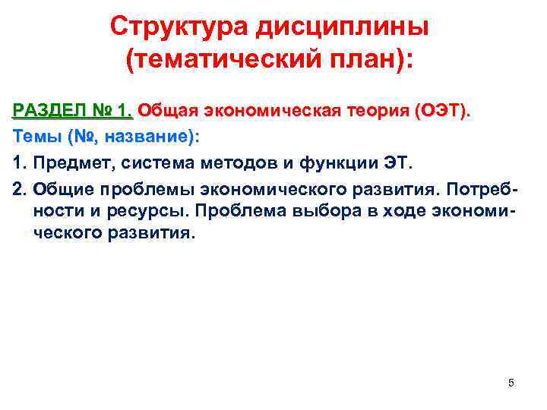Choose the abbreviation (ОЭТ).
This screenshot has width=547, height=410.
coord(444,112)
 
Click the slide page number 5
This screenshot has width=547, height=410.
coord(511,383)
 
